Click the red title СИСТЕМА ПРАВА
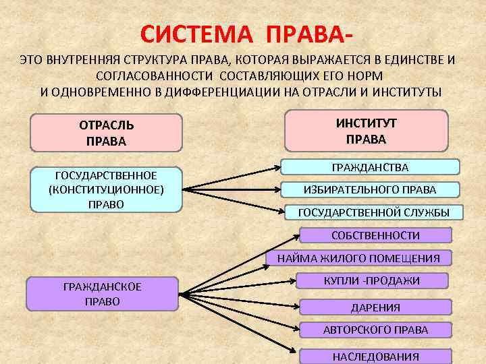pyautogui.click(x=247, y=33)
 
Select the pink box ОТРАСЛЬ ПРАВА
pyautogui.click(x=107, y=133)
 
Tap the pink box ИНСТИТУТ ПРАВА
pyautogui.click(x=367, y=131)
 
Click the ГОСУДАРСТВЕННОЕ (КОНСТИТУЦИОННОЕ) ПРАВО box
pyautogui.click(x=107, y=189)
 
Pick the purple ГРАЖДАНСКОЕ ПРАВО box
pyautogui.click(x=103, y=294)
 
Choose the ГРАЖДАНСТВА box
pyautogui.click(x=370, y=166)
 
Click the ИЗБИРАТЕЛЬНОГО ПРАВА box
pyautogui.click(x=370, y=189)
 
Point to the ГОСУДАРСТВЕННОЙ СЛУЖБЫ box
pyautogui.click(x=373, y=212)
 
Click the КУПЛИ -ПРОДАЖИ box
pyautogui.click(x=372, y=280)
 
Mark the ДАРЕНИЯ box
pyautogui.click(x=375, y=307)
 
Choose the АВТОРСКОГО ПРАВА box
pyautogui.click(x=375, y=330)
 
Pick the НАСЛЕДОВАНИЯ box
pyautogui.click(x=375, y=357)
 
